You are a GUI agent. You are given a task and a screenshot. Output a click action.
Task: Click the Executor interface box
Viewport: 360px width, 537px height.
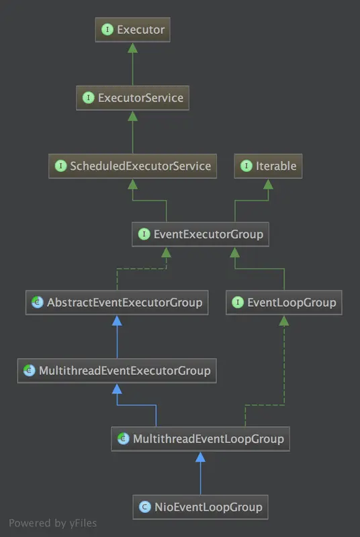pos(132,30)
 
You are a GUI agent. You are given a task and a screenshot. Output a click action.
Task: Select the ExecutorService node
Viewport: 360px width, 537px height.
pos(132,98)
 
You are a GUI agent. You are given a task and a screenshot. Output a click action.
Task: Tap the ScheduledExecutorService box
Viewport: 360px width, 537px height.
pos(132,166)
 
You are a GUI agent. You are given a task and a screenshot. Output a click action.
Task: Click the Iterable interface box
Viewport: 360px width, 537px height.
pos(268,166)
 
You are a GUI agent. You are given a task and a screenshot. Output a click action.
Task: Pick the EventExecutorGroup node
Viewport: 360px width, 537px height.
pos(201,234)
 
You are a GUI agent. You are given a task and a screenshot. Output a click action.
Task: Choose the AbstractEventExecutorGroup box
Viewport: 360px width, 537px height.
pos(116,303)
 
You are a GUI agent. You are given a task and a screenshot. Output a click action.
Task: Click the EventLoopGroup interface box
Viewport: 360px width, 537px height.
pos(283,303)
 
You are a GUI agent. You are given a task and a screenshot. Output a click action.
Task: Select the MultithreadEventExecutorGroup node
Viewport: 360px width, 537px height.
pos(117,371)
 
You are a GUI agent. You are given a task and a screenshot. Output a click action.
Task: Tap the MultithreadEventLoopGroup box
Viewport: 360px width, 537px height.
pos(200,439)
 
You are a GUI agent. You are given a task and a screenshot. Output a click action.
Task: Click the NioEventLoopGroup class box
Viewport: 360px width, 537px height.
pos(199,506)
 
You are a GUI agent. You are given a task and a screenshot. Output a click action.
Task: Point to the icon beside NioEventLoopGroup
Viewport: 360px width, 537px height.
pos(144,507)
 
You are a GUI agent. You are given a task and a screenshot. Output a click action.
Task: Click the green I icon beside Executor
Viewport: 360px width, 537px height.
pos(107,30)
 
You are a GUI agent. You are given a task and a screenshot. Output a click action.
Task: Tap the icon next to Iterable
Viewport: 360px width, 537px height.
pos(246,166)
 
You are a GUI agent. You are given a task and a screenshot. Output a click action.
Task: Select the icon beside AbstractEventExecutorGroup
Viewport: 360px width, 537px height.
pos(36,303)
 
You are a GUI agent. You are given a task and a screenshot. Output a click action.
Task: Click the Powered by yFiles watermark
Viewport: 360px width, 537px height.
pos(52,523)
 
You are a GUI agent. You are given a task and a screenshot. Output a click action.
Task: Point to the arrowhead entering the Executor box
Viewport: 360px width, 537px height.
pos(132,47)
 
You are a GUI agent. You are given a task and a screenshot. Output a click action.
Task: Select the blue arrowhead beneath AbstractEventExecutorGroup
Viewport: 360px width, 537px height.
pos(117,320)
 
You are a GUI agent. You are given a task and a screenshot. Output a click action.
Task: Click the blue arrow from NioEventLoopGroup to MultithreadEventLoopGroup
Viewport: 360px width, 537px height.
pos(200,477)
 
